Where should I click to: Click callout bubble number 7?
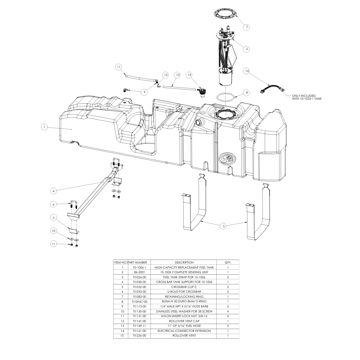pyautogui.click(x=247, y=27)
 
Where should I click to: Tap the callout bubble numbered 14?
pyautogui.click(x=247, y=71)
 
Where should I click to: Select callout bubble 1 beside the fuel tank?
pyautogui.click(x=44, y=127)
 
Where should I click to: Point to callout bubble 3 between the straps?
pyautogui.click(x=224, y=226)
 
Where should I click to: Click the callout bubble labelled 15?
pyautogui.click(x=189, y=75)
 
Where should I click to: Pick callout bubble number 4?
pyautogui.click(x=54, y=191)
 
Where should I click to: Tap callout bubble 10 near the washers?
pyautogui.click(x=54, y=231)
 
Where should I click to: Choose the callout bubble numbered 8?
pyautogui.click(x=247, y=93)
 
